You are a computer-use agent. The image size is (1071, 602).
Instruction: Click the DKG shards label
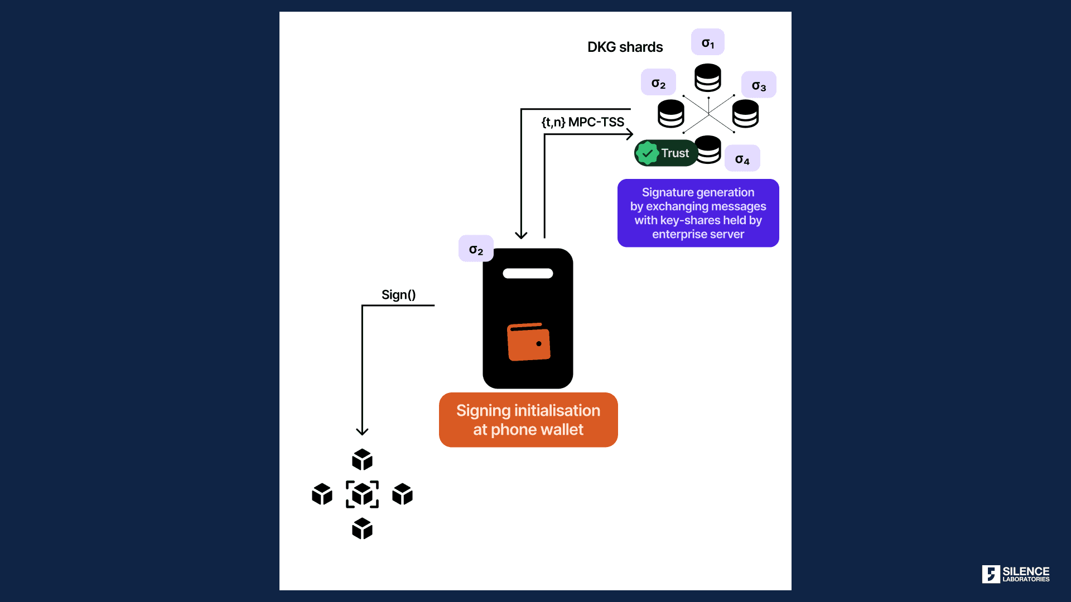click(625, 47)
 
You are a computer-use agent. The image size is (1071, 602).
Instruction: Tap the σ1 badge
click(708, 42)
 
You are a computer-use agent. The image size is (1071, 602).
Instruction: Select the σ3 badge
click(759, 85)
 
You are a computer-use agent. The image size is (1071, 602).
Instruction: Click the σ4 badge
click(742, 158)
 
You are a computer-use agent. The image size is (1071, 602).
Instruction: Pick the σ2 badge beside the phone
click(476, 249)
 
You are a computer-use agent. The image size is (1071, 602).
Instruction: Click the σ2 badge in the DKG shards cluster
click(658, 82)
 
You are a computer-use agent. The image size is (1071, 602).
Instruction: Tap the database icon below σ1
click(708, 77)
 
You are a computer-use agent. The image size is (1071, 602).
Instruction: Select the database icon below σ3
click(745, 114)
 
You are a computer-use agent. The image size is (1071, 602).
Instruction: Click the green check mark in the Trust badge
click(648, 153)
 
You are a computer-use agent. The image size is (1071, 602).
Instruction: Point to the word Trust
click(675, 153)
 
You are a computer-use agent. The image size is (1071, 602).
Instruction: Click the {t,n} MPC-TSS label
click(583, 122)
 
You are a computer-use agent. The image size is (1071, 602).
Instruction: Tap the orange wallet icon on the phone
click(529, 342)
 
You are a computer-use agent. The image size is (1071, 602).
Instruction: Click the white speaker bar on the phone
click(528, 273)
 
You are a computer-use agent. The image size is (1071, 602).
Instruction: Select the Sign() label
click(399, 294)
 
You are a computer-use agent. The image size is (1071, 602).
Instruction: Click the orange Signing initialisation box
click(528, 420)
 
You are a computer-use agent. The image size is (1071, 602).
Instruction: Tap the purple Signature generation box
click(698, 213)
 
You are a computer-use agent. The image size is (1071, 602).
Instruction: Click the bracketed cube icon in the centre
click(362, 494)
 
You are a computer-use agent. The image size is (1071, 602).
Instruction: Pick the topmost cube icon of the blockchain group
click(362, 460)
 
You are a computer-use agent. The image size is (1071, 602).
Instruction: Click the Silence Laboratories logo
click(1016, 574)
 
